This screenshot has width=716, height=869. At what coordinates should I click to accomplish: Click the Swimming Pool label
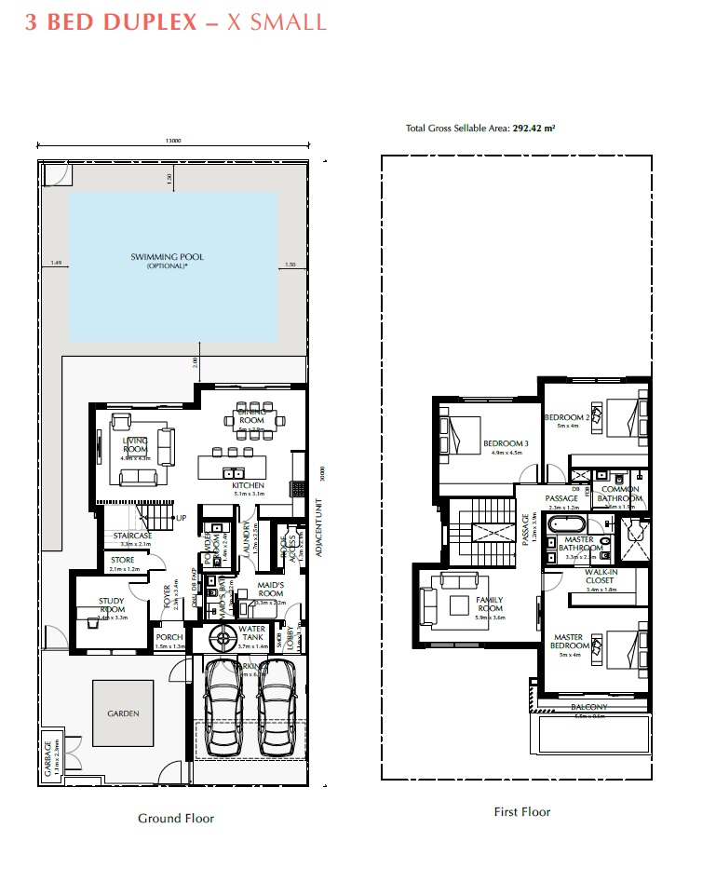coord(167,257)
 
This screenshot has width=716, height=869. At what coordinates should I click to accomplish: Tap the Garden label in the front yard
coord(123,713)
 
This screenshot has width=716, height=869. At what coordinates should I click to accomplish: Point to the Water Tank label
coord(252,633)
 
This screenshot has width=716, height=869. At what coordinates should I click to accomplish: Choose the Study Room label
coord(112,605)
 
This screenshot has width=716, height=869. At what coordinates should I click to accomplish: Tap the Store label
coord(123,560)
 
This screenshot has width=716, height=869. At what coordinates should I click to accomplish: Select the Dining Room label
coord(251,415)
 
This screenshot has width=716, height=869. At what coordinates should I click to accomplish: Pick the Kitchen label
coord(249,485)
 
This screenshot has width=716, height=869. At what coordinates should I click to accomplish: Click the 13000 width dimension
coord(173,141)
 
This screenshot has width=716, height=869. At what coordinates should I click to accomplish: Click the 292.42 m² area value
coord(534,128)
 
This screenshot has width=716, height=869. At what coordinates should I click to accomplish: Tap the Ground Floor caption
coord(176,818)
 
